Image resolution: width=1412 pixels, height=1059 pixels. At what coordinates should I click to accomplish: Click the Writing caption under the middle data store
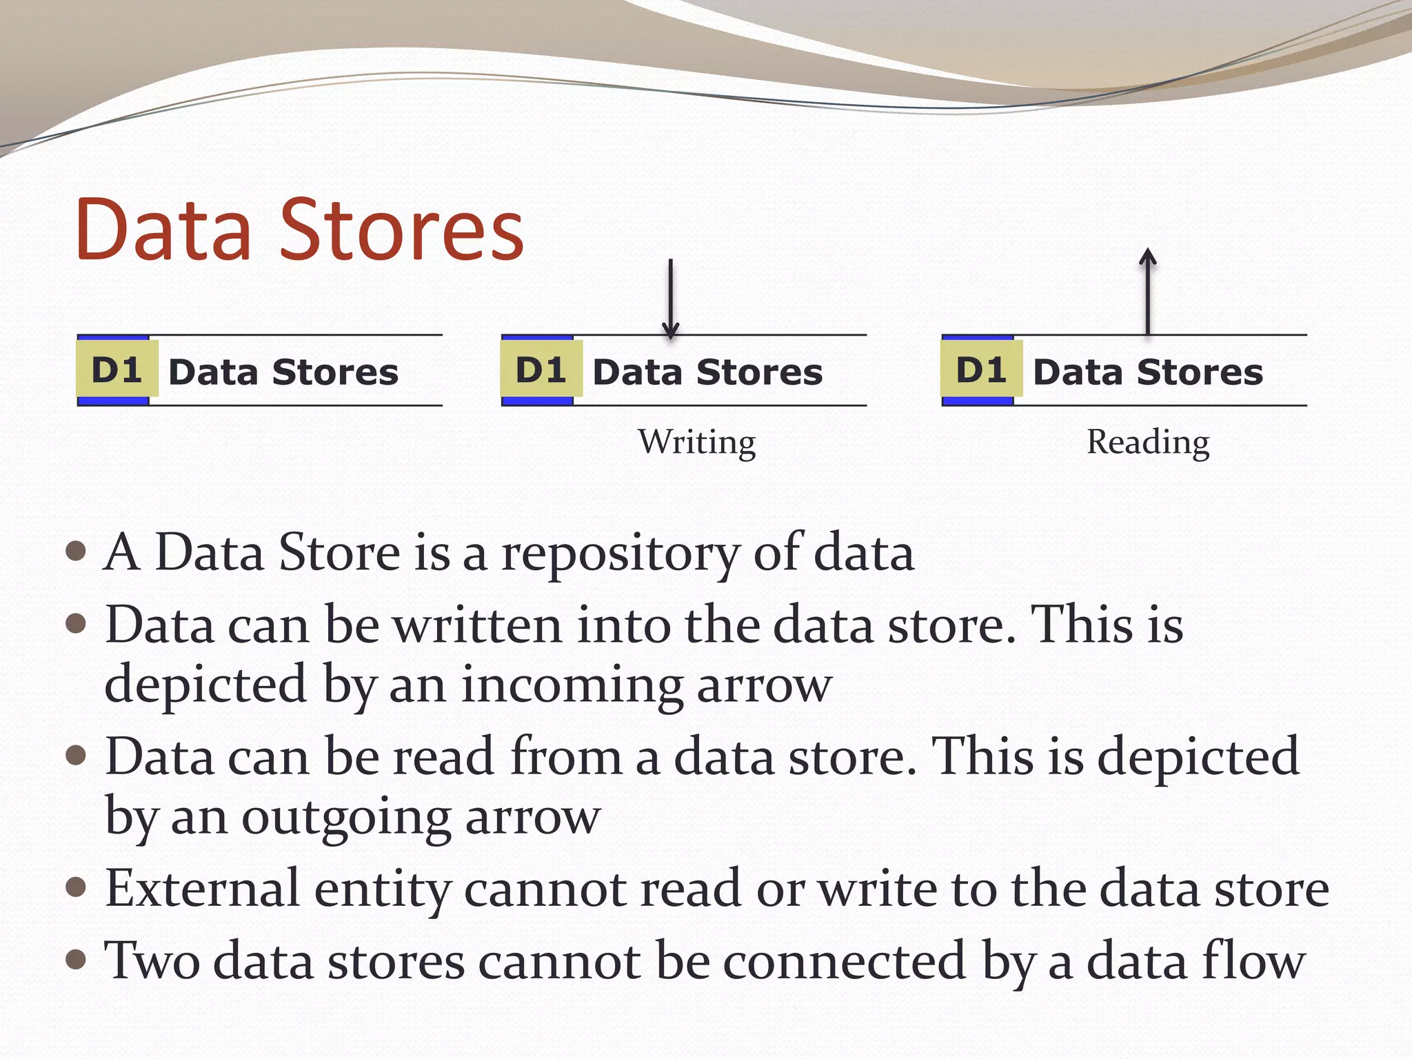click(696, 442)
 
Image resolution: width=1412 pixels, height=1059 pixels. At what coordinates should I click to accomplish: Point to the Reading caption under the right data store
click(1148, 442)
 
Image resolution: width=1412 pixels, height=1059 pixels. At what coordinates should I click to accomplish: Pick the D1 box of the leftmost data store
click(117, 370)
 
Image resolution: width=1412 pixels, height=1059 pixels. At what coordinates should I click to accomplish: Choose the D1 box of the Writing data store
click(541, 370)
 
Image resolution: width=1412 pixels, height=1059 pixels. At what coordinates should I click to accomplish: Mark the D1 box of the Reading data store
click(982, 370)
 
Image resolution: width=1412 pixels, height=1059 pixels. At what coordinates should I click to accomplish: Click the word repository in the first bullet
click(619, 554)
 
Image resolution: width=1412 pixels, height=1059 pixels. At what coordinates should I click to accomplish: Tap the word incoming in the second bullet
click(571, 685)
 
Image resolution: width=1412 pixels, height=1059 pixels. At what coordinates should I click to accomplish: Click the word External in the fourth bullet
click(202, 888)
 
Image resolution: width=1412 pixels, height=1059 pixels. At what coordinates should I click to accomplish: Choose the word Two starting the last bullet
click(152, 960)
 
